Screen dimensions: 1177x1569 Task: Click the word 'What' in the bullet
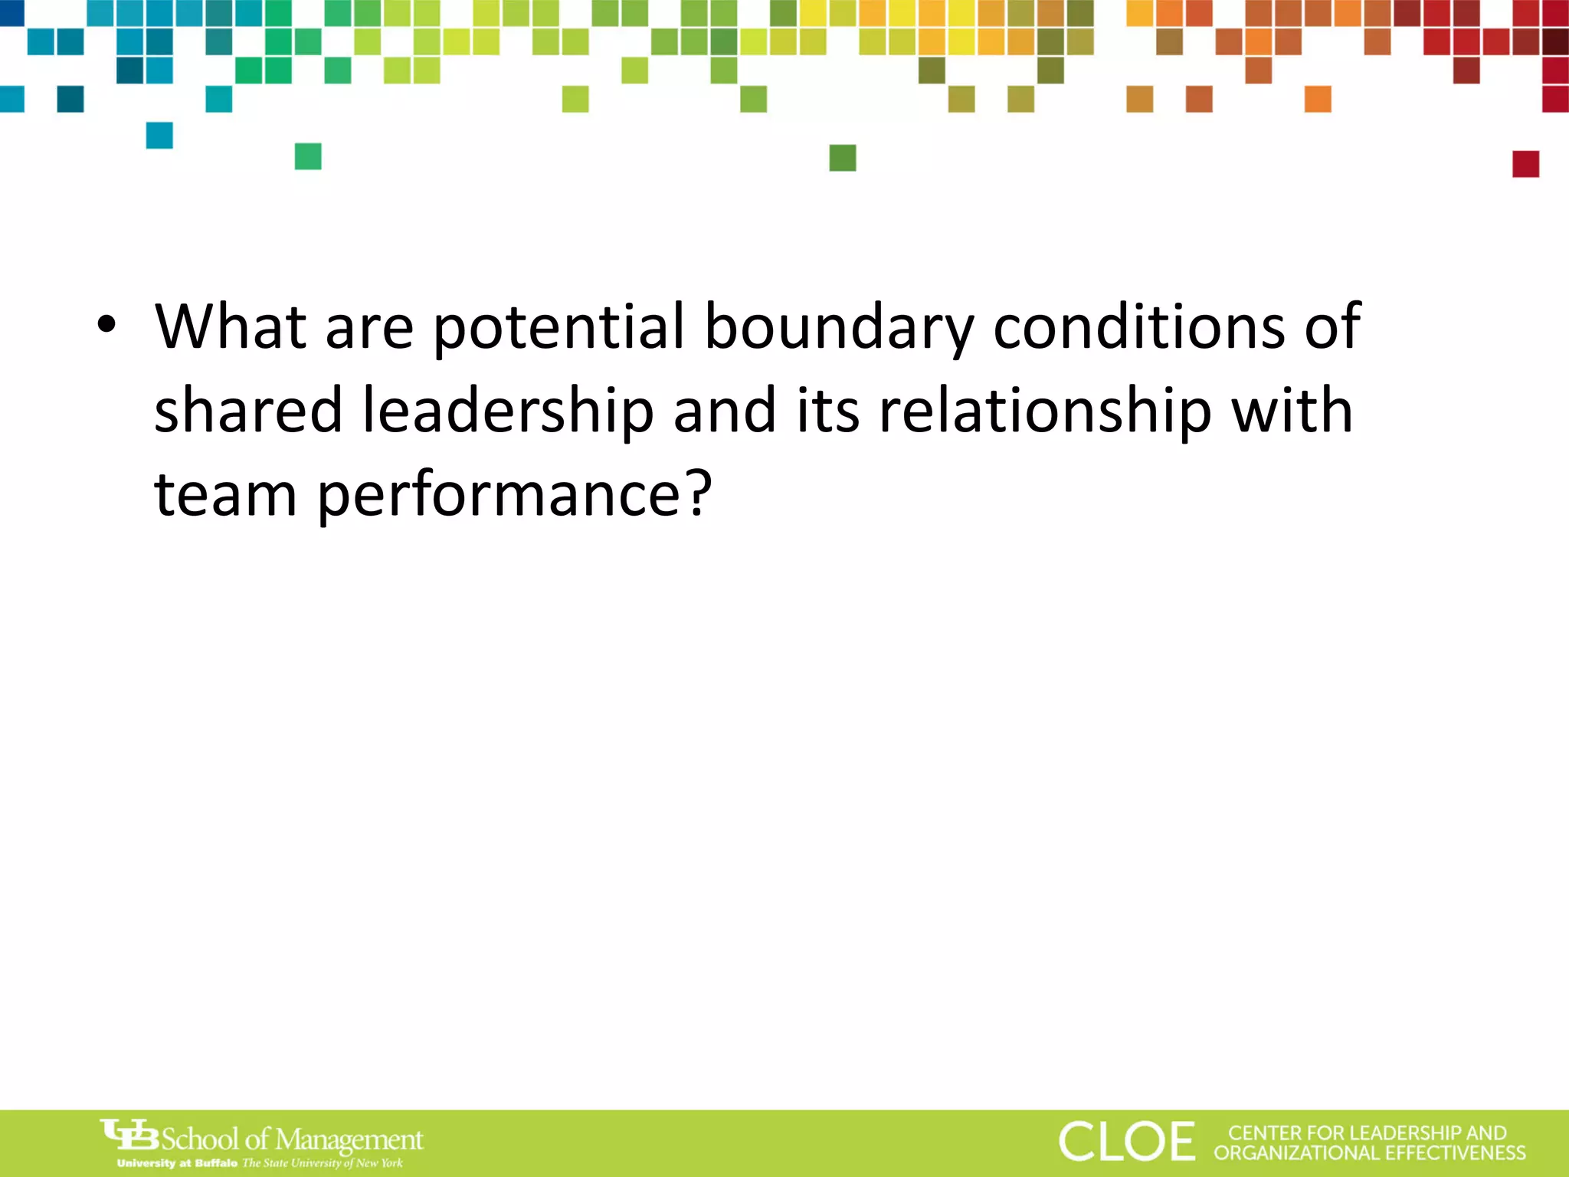coord(231,326)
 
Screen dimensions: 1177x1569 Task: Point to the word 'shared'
coord(247,410)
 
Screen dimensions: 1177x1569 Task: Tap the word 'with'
coord(1292,410)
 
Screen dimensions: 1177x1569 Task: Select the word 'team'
coord(225,494)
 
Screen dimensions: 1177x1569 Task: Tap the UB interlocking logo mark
coord(129,1135)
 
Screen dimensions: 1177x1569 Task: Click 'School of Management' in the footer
coord(292,1139)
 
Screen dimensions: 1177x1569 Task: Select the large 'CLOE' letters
coord(1126,1141)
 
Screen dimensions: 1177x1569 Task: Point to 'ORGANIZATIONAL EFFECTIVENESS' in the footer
coord(1370,1153)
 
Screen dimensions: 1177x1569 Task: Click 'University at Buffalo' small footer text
coord(177,1163)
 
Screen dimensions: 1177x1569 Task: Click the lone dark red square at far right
coord(1525,164)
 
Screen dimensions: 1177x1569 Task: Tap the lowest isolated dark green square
coord(843,158)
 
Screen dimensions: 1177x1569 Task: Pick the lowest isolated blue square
coord(159,136)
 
